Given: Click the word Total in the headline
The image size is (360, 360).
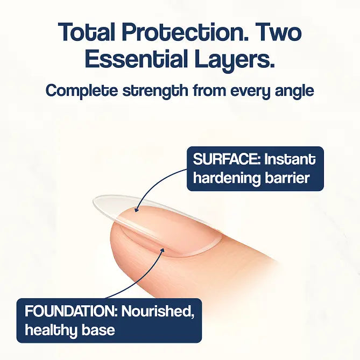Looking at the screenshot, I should [88, 33].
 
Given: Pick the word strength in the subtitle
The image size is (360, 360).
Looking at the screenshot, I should [159, 91].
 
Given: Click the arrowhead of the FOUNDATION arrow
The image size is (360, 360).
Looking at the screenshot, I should [163, 249].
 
